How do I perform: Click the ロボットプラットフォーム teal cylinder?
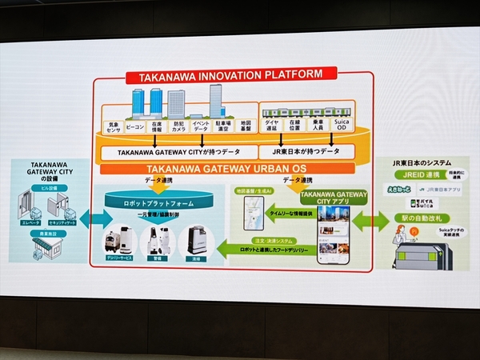tap(156, 204)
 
